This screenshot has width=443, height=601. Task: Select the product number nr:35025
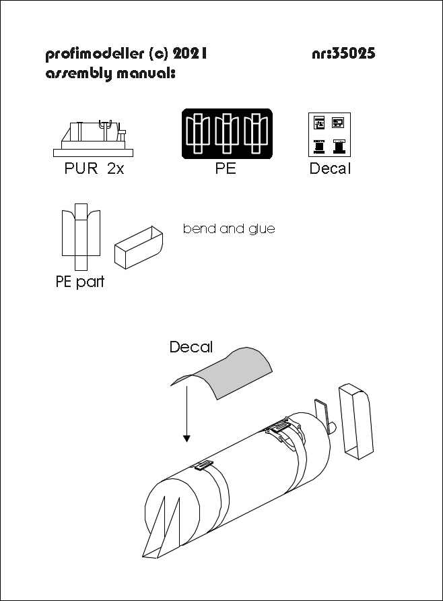pos(343,54)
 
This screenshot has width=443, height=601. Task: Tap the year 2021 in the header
pos(186,54)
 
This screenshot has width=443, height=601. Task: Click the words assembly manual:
pos(110,73)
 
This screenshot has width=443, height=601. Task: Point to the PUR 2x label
pos(90,170)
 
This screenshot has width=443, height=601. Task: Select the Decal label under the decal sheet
pos(330,170)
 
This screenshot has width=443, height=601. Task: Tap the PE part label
pos(80,282)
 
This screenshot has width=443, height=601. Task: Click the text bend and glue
pos(229,229)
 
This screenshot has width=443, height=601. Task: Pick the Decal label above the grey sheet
pos(191,348)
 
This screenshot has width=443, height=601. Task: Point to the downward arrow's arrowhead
pos(186,439)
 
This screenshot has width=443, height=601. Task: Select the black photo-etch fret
pos(227,133)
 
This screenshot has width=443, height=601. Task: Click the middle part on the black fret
pos(227,133)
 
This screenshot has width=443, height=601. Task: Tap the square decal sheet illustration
pos(330,133)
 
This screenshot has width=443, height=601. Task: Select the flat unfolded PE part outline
pos(80,236)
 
